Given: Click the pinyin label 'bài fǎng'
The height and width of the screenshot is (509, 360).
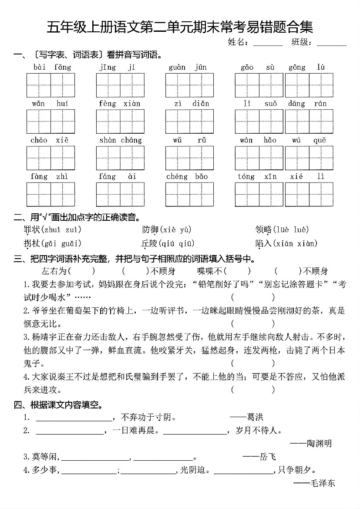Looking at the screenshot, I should (51, 67).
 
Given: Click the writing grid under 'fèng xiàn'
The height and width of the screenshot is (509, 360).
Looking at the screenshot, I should (120, 121).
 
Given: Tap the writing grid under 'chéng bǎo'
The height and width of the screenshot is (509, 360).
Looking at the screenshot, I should (189, 194).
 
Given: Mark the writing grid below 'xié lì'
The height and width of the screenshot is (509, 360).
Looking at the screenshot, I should (309, 194).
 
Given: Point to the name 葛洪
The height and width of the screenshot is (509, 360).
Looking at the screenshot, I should (255, 417).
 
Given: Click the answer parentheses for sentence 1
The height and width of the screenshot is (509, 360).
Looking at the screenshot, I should (252, 297).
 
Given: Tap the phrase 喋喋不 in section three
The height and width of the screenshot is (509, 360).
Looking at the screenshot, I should (210, 271).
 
